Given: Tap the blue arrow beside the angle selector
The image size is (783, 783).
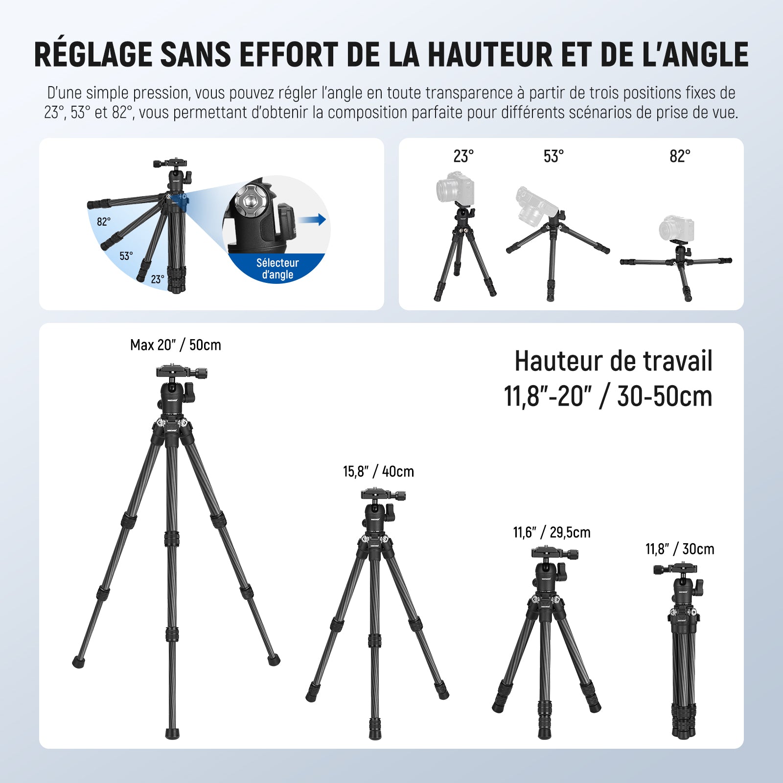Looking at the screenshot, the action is click(x=312, y=219).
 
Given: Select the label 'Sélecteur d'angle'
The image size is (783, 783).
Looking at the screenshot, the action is click(x=277, y=269).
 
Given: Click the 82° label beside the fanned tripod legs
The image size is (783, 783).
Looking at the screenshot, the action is click(x=104, y=222).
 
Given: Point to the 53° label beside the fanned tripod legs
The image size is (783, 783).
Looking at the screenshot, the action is click(x=126, y=256).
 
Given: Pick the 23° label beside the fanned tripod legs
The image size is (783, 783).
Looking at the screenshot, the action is click(x=158, y=279).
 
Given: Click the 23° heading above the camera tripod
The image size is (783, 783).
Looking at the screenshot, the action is click(x=463, y=156).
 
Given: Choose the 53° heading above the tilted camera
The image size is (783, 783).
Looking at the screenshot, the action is click(x=553, y=156).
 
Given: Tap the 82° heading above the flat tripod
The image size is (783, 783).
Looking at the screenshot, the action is click(x=680, y=156).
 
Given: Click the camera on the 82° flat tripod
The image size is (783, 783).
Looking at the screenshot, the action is click(x=676, y=229).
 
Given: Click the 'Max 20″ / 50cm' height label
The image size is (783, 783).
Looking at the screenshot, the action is click(x=175, y=345).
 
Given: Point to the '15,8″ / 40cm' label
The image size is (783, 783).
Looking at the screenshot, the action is click(x=378, y=471).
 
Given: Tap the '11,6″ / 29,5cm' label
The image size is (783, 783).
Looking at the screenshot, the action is click(x=552, y=532).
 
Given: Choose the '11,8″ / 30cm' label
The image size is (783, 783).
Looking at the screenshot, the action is click(x=680, y=549).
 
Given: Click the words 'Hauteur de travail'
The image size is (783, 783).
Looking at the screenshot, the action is click(x=614, y=361).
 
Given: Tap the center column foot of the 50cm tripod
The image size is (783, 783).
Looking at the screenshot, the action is click(x=172, y=733).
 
